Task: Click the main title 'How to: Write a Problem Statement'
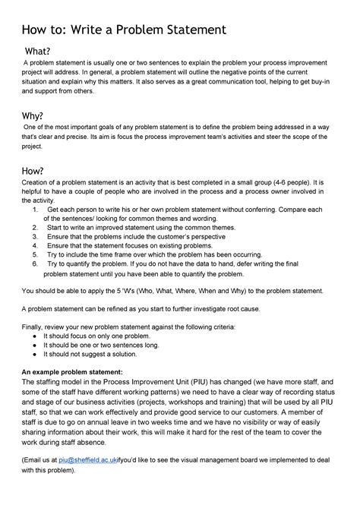pos(123,30)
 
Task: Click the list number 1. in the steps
pos(36,209)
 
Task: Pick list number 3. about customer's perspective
pos(36,236)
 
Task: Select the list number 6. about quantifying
pos(36,264)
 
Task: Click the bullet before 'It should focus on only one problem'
pos(36,335)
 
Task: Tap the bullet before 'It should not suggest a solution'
pos(36,354)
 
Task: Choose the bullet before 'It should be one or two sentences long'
pos(36,345)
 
